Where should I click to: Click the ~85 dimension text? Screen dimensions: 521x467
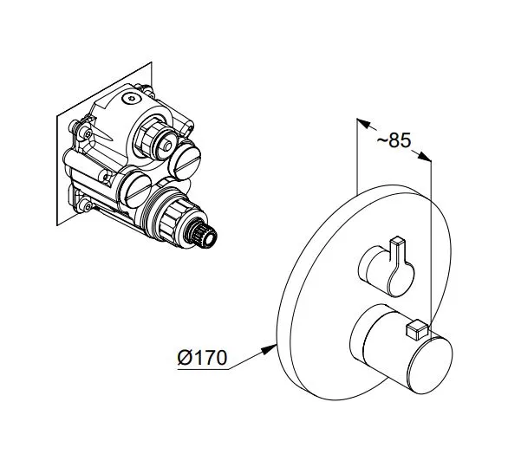pyautogui.click(x=394, y=140)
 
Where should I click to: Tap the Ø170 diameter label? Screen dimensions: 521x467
pyautogui.click(x=202, y=358)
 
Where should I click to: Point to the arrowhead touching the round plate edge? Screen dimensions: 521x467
pyautogui.click(x=269, y=349)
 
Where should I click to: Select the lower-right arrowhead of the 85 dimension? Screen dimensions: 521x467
pyautogui.click(x=424, y=157)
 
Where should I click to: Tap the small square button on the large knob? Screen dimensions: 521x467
pyautogui.click(x=416, y=329)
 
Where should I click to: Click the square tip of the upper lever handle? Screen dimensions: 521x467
pyautogui.click(x=397, y=241)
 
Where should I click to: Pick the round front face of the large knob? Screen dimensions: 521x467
pyautogui.click(x=431, y=365)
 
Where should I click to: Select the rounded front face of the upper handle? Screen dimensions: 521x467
pyautogui.click(x=401, y=277)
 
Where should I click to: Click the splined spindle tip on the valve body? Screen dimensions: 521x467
pyautogui.click(x=204, y=235)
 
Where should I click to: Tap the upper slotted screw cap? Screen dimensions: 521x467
pyautogui.click(x=185, y=160)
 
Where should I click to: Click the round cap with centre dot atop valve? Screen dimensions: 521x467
pyautogui.click(x=132, y=98)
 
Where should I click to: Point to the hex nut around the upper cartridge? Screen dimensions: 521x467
pyautogui.click(x=149, y=139)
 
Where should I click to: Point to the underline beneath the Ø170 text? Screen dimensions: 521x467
pyautogui.click(x=204, y=369)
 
